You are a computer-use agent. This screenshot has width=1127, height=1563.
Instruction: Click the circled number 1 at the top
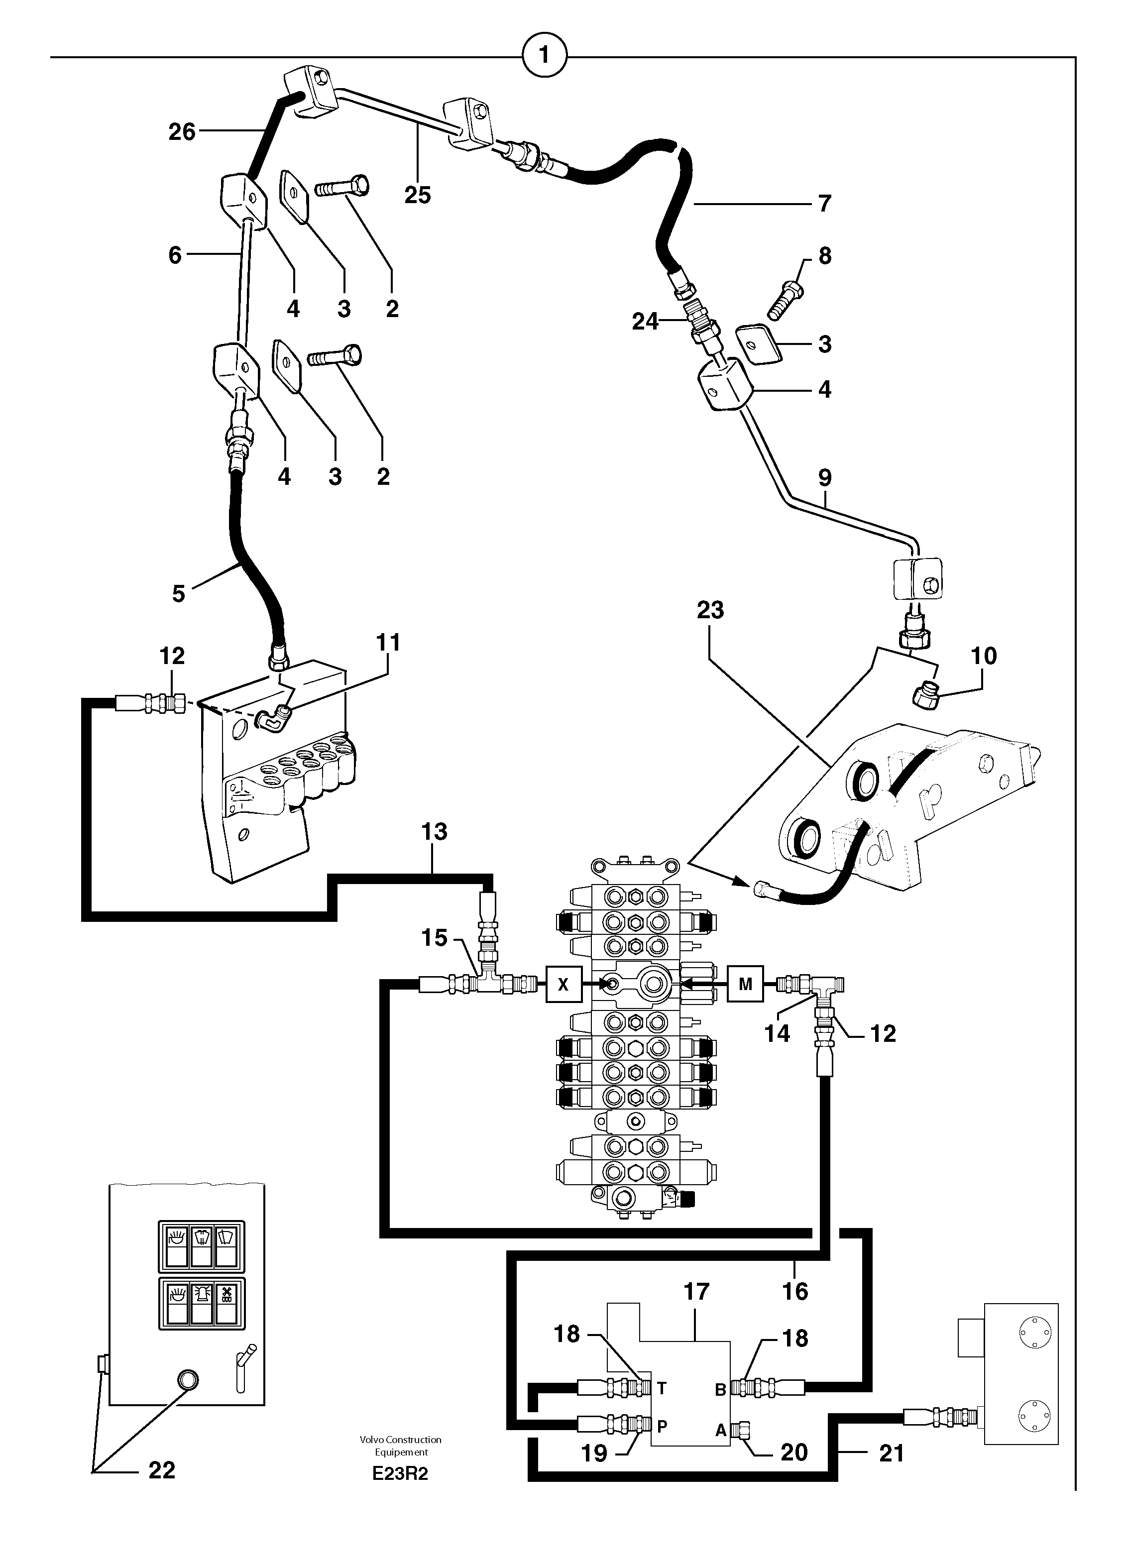(x=545, y=54)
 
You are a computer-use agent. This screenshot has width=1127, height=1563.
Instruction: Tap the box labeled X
(x=563, y=984)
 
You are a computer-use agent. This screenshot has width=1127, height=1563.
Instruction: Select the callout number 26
(x=182, y=131)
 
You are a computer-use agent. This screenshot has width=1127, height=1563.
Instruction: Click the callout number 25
(x=418, y=196)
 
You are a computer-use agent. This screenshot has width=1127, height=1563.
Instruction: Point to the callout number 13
(x=434, y=832)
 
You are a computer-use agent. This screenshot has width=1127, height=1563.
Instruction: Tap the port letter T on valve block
(x=662, y=1387)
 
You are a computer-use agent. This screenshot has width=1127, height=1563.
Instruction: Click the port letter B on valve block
(x=720, y=1390)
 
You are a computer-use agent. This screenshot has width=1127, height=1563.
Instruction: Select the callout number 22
(x=162, y=1470)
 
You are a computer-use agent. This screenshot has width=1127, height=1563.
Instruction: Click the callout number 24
(x=645, y=322)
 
